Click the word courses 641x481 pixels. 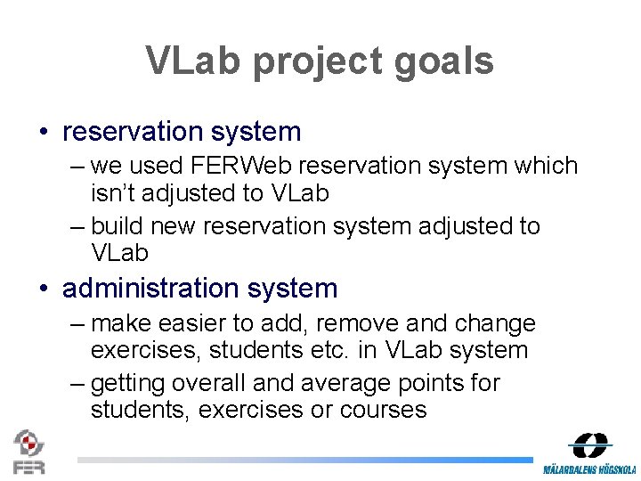pos(382,410)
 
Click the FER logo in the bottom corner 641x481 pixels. pos(28,452)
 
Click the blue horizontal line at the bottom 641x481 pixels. pos(303,461)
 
